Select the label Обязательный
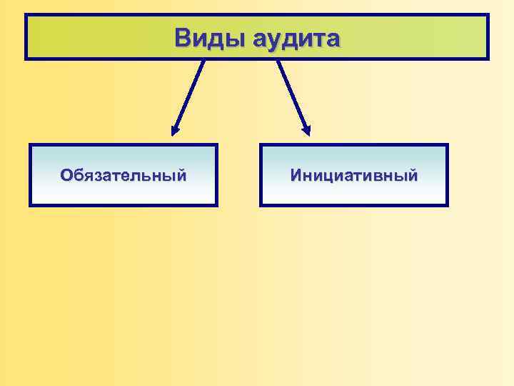[x=124, y=175]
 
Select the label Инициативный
[x=354, y=175]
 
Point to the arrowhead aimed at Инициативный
[x=306, y=131]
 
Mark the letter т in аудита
[x=317, y=39]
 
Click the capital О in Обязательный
[x=66, y=175]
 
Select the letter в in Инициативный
[x=378, y=175]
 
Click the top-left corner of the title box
[x=26, y=15]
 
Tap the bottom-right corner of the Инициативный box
[x=447, y=205]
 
